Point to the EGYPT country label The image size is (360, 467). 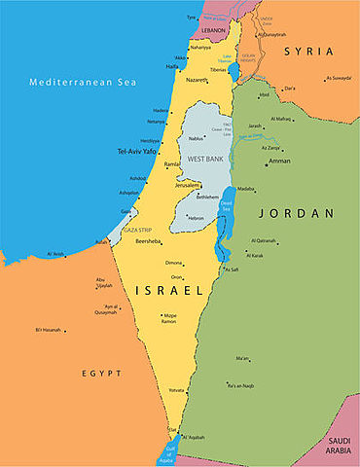pos(101,373)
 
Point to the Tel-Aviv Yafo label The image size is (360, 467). pos(137,152)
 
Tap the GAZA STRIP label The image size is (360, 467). pos(135,230)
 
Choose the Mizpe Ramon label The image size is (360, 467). pos(170,318)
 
